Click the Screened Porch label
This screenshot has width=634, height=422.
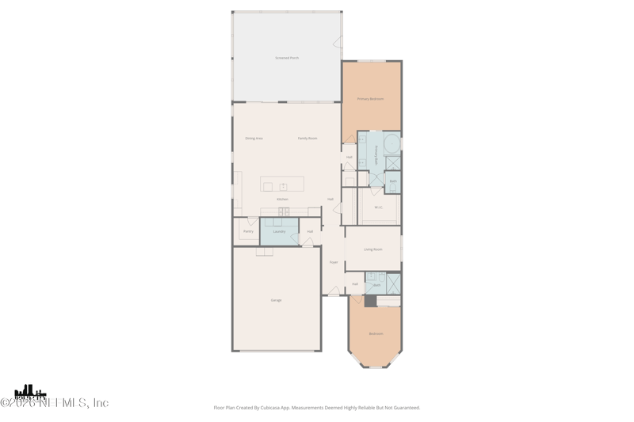pos(287,58)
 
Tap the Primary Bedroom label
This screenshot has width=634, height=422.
pos(370,99)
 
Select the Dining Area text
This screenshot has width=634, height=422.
pos(254,139)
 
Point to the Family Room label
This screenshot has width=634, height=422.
pos(307,139)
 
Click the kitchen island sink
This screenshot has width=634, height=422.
pos(283,187)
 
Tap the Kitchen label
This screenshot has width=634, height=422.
pos(283,199)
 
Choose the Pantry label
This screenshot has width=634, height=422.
pos(248,231)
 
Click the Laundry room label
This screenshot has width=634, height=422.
pos(279,231)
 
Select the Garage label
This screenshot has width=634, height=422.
pos(276,300)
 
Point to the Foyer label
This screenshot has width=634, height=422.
pos(334,262)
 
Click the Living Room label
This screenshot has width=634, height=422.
pos(373,249)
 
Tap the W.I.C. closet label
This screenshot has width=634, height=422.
pos(379,207)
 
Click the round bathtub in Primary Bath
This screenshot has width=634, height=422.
pos(391,144)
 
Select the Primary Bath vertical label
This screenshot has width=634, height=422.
pos(376,155)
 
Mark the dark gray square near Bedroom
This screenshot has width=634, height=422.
pos(370,301)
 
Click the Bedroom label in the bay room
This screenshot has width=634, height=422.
pos(376,333)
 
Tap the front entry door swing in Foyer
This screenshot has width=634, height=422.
pos(334,291)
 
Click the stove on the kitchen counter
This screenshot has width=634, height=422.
pos(284,211)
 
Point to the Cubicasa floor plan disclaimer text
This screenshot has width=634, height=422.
pos(317,408)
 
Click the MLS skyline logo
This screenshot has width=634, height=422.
pos(30,392)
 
